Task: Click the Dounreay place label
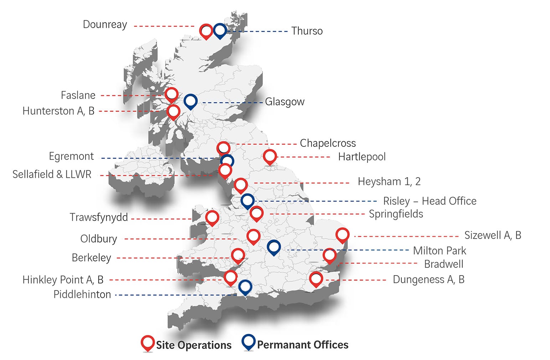(x=105, y=25)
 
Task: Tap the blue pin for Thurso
(x=220, y=31)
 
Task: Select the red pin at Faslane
(x=171, y=94)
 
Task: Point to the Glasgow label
(x=284, y=102)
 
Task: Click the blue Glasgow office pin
(x=191, y=101)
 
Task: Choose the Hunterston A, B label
(x=58, y=111)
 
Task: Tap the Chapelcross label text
(x=328, y=143)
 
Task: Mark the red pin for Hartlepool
(x=270, y=156)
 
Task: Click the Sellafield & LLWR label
(x=52, y=174)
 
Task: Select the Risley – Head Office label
(x=430, y=201)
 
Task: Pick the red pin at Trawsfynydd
(x=212, y=217)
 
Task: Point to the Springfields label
(x=396, y=214)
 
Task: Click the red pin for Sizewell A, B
(x=343, y=235)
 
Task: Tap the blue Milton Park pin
(x=273, y=247)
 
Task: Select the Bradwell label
(x=444, y=264)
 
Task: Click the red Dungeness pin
(x=316, y=279)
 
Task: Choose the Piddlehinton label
(x=82, y=295)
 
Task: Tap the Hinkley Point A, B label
(x=63, y=280)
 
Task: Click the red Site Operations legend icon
(x=148, y=343)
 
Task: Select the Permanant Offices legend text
(x=303, y=345)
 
